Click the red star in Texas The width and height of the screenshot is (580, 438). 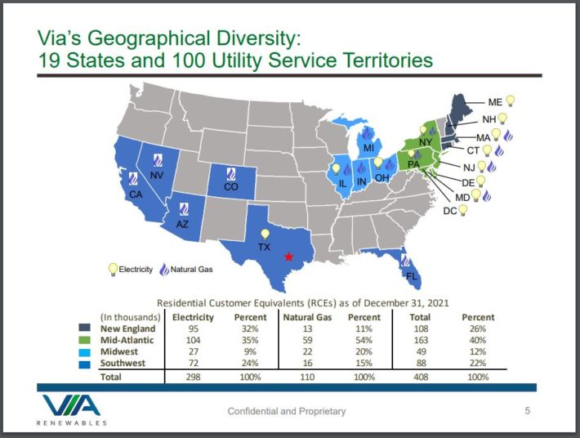tap(288, 257)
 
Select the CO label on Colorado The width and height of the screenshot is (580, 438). tap(230, 187)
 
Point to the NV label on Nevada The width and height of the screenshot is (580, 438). tap(158, 175)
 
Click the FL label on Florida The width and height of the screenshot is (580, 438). tap(412, 276)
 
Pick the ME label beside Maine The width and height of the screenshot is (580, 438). tap(495, 102)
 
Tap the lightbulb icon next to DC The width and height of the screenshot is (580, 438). tap(463, 210)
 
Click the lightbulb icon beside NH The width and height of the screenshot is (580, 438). tap(503, 118)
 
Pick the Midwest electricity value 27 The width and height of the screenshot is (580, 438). tap(194, 351)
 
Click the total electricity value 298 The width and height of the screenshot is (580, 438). tap(194, 377)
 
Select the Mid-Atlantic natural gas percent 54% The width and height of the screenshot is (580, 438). tap(359, 340)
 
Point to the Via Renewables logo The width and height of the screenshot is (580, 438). tap(72, 409)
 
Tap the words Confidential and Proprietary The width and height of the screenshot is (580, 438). tap(286, 410)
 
